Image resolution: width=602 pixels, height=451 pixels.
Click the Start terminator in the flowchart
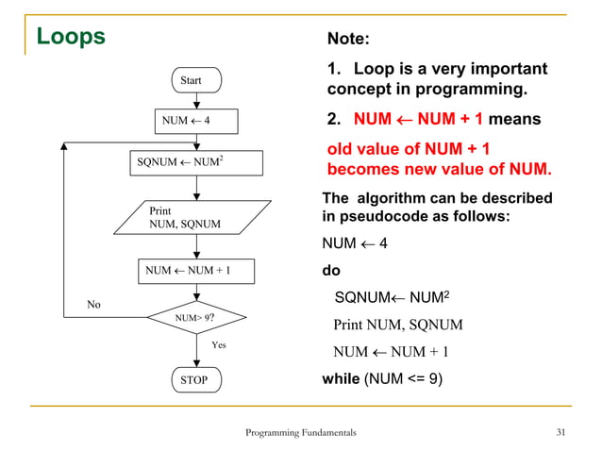pos(192,80)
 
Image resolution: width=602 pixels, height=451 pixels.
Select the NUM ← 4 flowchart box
pos(196,122)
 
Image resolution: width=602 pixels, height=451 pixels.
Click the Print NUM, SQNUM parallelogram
pos(192,217)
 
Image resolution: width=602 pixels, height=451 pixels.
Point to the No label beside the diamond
pos(92,305)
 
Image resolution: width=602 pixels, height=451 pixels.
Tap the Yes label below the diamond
pos(218,345)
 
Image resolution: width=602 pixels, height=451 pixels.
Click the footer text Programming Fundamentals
pos(300,432)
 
